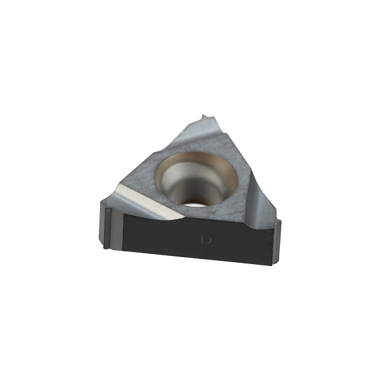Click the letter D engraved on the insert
click(x=206, y=239)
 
